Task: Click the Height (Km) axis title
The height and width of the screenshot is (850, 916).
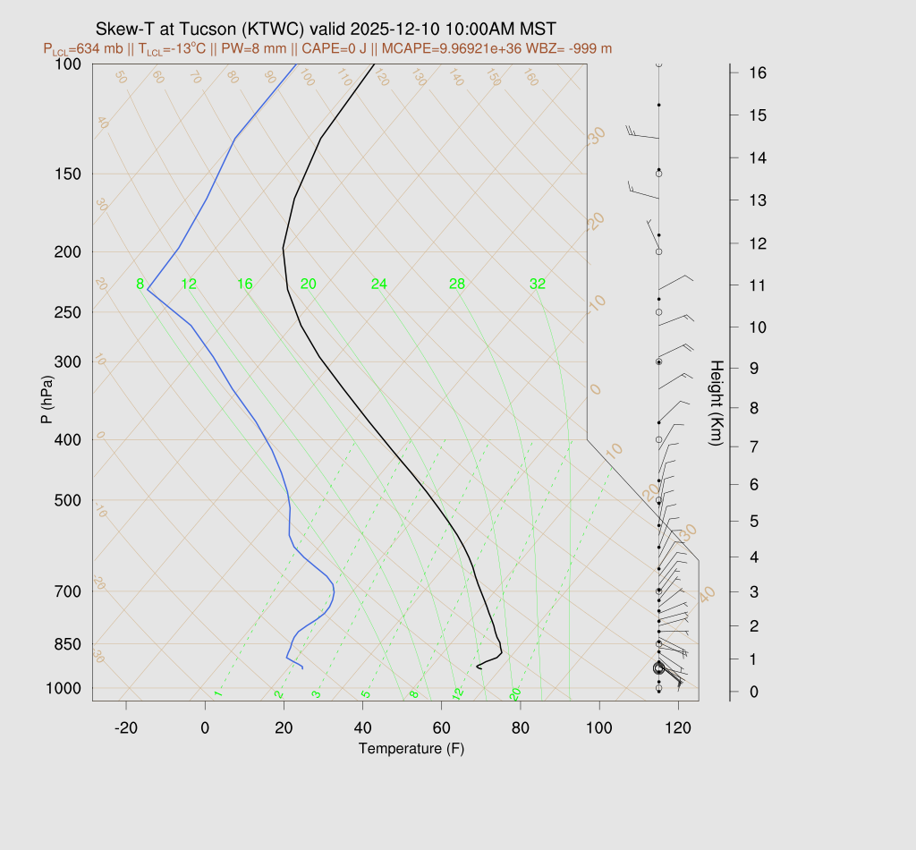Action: (716, 404)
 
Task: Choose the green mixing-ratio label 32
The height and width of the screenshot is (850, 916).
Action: (538, 285)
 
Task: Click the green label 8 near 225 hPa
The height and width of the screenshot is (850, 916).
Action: (140, 285)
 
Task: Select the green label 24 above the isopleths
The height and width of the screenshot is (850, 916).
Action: (379, 285)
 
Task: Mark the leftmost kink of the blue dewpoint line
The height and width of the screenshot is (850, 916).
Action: (148, 289)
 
